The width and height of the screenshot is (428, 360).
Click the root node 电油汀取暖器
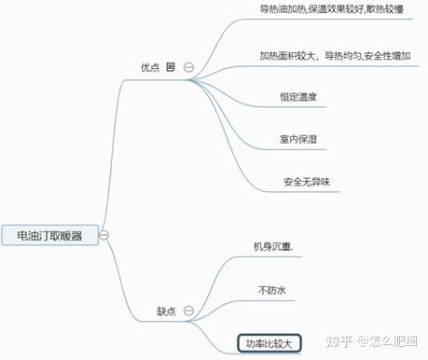pos(49,235)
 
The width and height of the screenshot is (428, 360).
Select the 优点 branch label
pos(150,67)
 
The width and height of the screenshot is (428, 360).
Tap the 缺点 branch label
pos(167,311)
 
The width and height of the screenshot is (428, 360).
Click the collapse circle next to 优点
pos(189,67)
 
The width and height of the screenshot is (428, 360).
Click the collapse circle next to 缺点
pos(189,311)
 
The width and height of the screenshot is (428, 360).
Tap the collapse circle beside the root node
pos(104,235)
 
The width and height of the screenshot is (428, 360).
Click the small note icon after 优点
pos(171,67)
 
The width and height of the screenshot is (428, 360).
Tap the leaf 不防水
pos(270,292)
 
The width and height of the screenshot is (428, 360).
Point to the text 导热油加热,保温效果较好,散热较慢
pos(331,8)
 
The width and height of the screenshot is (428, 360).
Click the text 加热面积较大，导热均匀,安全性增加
pos(335,55)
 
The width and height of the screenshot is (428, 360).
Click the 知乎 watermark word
pos(331,341)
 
